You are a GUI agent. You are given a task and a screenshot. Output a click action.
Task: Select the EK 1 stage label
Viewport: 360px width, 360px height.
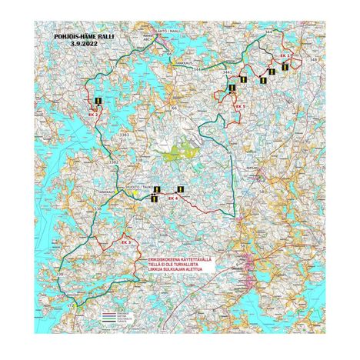(x=285, y=57)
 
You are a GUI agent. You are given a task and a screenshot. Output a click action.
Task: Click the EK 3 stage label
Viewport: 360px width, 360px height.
(x=126, y=242)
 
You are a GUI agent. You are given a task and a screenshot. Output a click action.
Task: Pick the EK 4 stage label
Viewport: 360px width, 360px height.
(x=172, y=198)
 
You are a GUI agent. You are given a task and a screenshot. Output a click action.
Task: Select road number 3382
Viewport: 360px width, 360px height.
(x=113, y=162)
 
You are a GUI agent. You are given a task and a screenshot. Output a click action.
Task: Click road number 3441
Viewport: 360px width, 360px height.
(x=227, y=72)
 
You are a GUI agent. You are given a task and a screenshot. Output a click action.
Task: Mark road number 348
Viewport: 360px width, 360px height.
(x=312, y=58)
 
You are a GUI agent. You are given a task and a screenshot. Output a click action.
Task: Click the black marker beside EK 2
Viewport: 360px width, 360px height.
(x=98, y=101)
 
